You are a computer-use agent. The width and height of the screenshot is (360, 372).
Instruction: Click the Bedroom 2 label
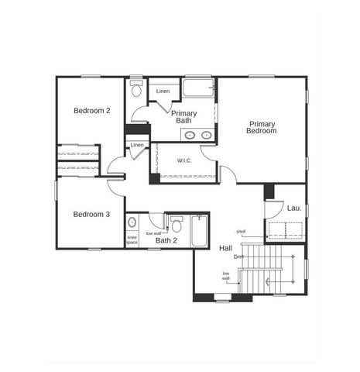coord(91,111)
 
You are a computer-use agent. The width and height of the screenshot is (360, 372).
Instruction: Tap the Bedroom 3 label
coord(91,215)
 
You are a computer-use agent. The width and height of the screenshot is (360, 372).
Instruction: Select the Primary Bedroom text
coord(261,127)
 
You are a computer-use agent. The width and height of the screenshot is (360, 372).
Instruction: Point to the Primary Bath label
coord(184,117)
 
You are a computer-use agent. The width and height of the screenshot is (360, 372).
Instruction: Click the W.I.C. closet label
coord(184,161)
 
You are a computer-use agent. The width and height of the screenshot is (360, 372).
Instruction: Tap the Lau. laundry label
coord(294,208)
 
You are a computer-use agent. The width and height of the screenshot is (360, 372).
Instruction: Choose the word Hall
coord(225,248)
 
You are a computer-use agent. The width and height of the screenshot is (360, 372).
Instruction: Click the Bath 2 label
coord(166,241)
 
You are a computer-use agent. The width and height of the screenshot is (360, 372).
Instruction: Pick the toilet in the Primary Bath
coord(137,90)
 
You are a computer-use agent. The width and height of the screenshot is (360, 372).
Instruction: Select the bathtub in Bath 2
coord(199,230)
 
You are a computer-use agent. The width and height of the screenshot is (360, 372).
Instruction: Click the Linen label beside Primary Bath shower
coord(163,92)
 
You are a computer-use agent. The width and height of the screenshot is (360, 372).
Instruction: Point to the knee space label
coord(132,240)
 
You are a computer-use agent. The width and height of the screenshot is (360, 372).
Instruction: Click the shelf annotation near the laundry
coord(241,232)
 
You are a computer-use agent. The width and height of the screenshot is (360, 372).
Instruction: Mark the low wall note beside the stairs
coord(226,276)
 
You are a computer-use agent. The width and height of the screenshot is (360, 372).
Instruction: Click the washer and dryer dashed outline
coord(284,230)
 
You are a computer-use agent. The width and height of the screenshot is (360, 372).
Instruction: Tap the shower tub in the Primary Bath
coord(198,88)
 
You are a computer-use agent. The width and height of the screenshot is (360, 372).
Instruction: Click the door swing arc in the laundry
coord(273,209)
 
